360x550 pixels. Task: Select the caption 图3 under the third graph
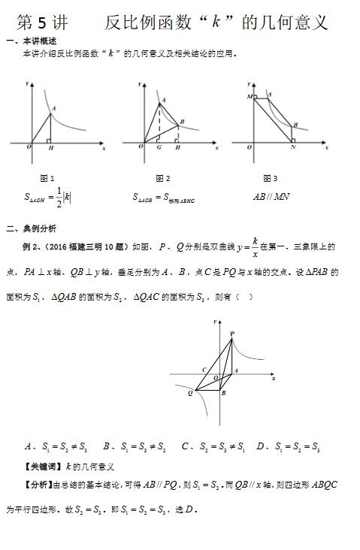click(270, 178)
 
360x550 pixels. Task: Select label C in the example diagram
click(204, 369)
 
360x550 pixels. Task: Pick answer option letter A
click(28, 446)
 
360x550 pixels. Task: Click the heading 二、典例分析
click(31, 228)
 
